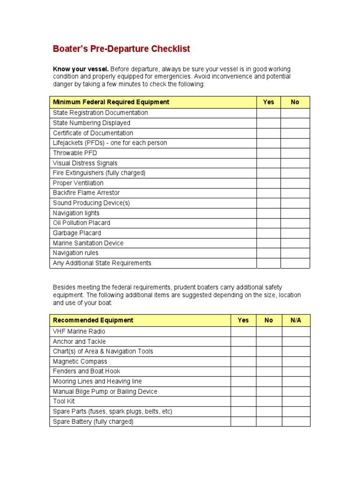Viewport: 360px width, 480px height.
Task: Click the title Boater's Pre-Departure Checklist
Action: [121, 49]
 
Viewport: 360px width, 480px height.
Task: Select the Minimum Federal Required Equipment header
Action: [111, 102]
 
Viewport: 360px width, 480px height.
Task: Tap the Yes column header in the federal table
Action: [269, 102]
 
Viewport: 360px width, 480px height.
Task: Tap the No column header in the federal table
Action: [295, 102]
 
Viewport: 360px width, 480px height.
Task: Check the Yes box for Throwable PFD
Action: [269, 153]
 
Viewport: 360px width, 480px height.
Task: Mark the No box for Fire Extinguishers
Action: [295, 173]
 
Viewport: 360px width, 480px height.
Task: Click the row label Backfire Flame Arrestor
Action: [86, 193]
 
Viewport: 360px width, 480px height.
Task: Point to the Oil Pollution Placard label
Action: [82, 223]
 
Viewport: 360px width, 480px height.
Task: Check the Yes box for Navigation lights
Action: [269, 213]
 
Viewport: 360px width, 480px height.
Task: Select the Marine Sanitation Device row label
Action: [88, 243]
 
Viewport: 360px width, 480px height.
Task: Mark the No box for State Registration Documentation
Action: [295, 113]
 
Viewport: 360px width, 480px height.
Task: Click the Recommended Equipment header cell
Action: [93, 321]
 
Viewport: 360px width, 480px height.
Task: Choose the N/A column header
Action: [296, 321]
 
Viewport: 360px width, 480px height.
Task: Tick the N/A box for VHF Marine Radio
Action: [296, 331]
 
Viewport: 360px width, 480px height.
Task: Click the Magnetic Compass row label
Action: [80, 361]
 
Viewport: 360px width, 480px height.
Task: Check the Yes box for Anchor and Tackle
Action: [243, 342]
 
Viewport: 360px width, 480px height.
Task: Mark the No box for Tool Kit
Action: [269, 401]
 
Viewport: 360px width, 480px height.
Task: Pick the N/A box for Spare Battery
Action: [296, 421]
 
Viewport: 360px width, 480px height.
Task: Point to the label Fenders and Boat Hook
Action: [86, 371]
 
